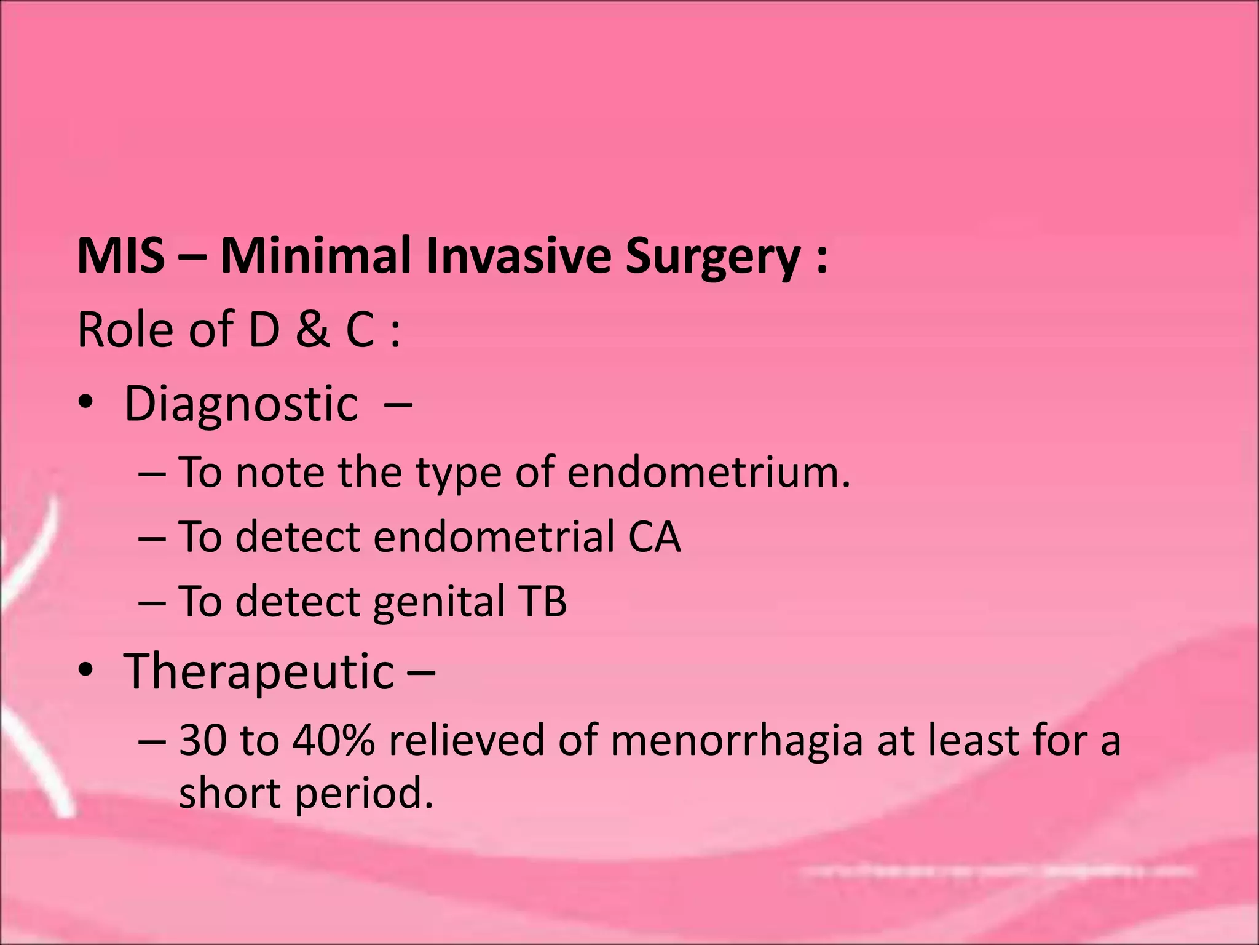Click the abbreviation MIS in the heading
click(x=121, y=256)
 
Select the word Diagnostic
click(x=241, y=404)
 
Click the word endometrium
click(x=708, y=472)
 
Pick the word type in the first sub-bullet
click(x=459, y=474)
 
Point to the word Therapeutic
click(x=259, y=672)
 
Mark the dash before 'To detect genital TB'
click(x=152, y=602)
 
